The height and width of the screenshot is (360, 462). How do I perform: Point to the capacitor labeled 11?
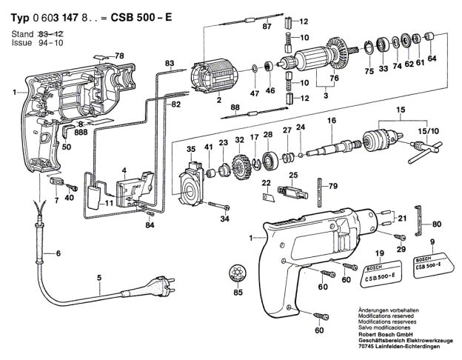click(95, 196)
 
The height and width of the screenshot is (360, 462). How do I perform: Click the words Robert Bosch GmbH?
click(378, 334)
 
